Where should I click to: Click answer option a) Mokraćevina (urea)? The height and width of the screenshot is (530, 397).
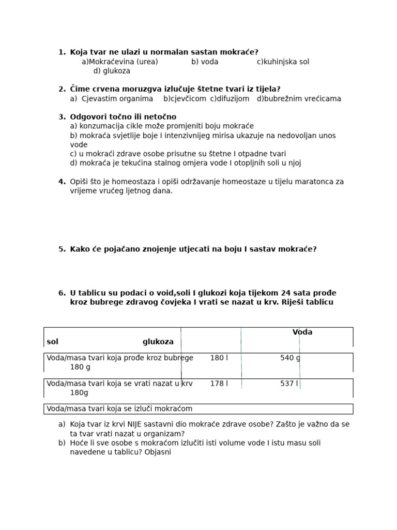tap(119, 62)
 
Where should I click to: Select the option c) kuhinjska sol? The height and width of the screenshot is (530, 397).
tap(283, 62)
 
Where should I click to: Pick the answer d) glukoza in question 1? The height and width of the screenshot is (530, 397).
tap(112, 71)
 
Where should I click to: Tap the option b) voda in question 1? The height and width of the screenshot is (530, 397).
tap(205, 62)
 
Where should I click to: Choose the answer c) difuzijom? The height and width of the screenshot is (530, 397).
tap(230, 98)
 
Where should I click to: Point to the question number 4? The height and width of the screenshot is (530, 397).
tap(62, 182)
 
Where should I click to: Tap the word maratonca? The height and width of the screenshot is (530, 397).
tap(316, 182)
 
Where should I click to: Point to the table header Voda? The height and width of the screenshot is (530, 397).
tap(302, 332)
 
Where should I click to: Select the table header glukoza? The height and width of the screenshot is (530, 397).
tap(158, 342)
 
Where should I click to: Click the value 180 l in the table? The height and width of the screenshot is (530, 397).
tap(219, 358)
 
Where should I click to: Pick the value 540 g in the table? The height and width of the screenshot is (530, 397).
tap(290, 358)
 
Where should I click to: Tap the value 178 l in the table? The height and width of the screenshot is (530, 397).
tap(219, 384)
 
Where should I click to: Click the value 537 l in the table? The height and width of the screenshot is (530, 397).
tap(289, 384)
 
